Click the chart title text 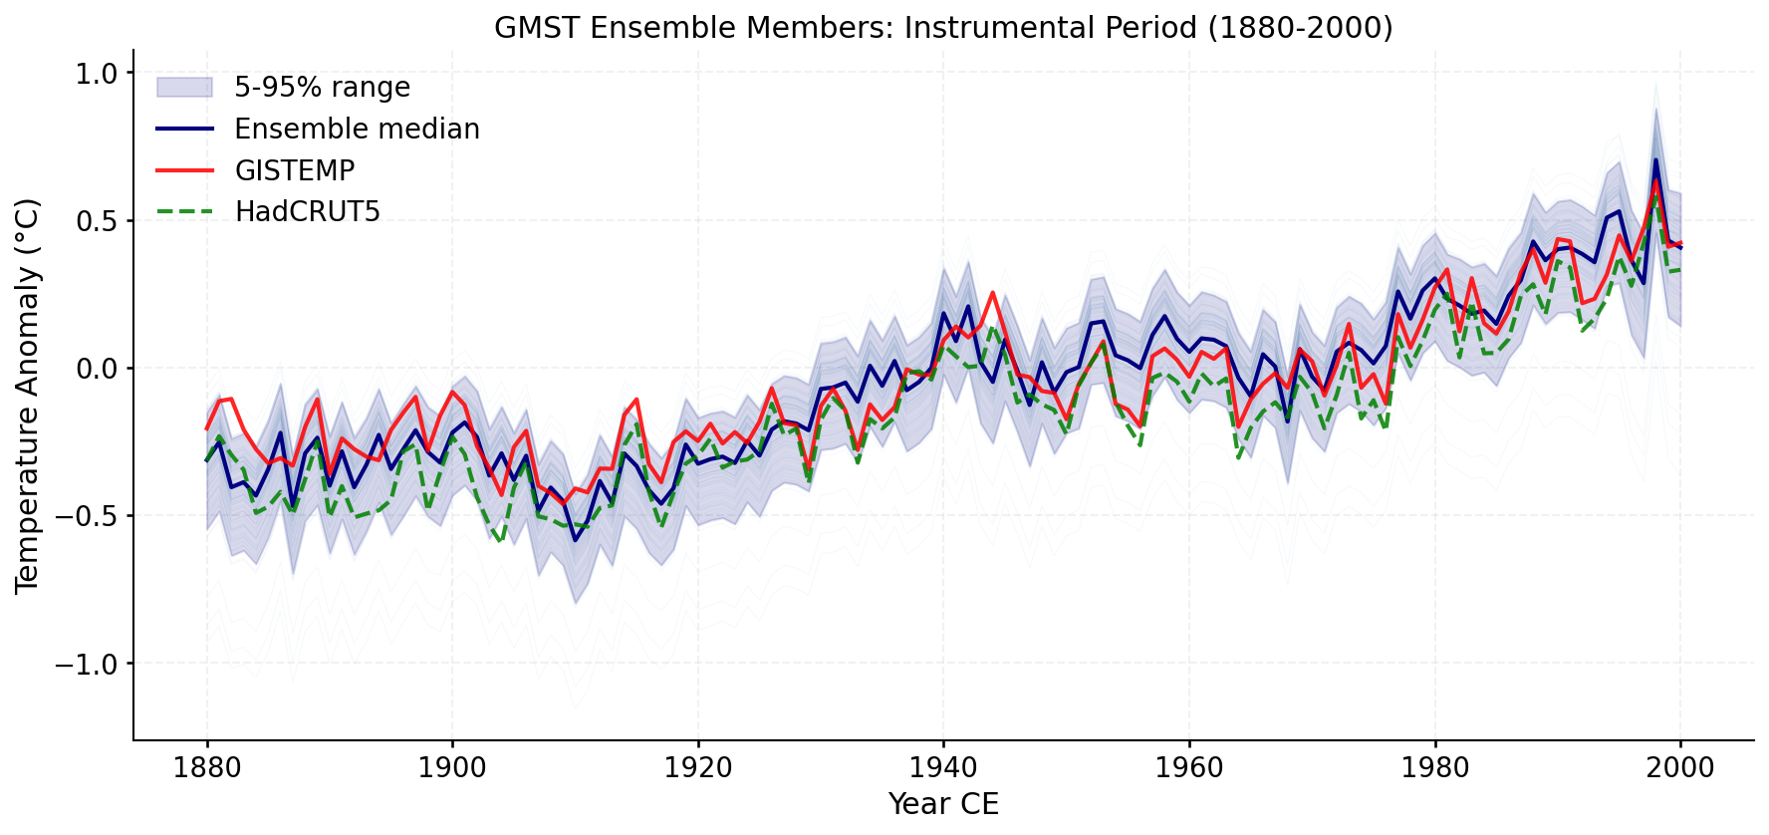tap(943, 27)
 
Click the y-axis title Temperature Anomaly tap(27, 396)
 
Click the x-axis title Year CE tap(943, 803)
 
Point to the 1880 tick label tap(207, 768)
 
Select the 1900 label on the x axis tap(452, 768)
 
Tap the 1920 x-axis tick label tap(697, 768)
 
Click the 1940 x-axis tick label tap(943, 768)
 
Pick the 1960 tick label tap(1188, 768)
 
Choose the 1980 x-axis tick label tap(1434, 768)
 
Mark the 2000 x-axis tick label tap(1680, 768)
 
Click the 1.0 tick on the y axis tap(96, 74)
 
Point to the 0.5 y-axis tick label tap(96, 221)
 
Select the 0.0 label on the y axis tap(96, 369)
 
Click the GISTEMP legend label tap(295, 171)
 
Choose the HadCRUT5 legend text tap(308, 212)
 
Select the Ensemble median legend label tap(357, 130)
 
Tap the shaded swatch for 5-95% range tap(184, 88)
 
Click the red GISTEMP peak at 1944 tap(992, 293)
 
